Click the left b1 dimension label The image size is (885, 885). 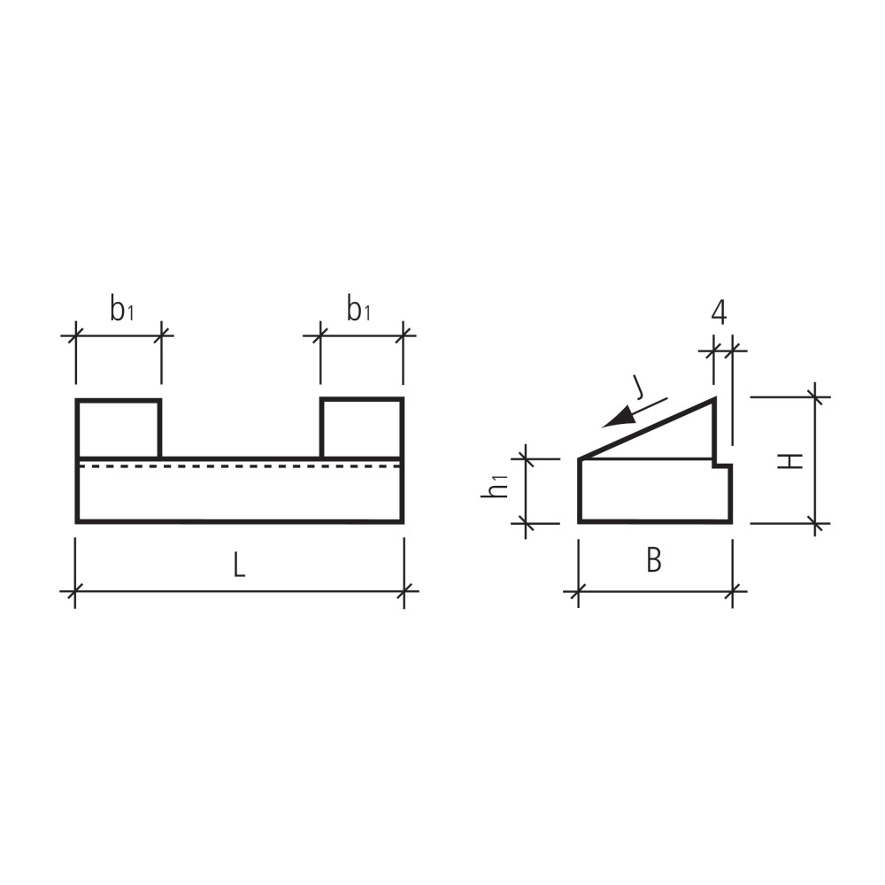(121, 310)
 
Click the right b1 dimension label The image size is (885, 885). (358, 310)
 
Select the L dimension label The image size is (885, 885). (239, 566)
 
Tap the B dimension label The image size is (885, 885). (653, 560)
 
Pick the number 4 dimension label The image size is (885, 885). (719, 312)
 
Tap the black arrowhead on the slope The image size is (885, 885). (627, 414)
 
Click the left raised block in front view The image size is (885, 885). (119, 429)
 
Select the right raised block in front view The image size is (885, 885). (362, 429)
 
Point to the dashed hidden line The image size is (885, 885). (239, 466)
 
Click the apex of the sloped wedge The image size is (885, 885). (713, 400)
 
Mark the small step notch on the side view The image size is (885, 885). (722, 463)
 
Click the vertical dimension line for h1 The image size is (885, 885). (527, 491)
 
